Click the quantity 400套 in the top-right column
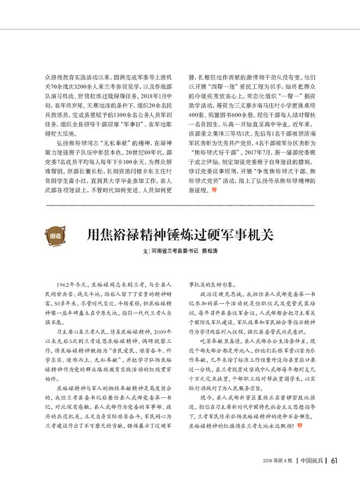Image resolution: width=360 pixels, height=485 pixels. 196,111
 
